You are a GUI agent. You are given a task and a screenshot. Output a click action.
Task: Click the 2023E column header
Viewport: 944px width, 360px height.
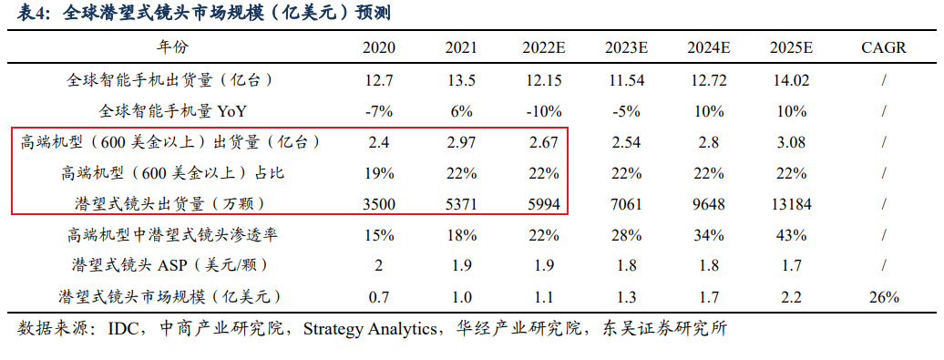point(627,48)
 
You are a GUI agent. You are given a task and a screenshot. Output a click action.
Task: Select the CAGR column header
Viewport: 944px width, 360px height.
point(884,48)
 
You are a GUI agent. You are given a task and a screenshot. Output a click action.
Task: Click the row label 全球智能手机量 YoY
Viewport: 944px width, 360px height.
point(173,111)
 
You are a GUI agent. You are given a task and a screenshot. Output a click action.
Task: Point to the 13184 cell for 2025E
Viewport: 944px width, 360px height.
point(791,205)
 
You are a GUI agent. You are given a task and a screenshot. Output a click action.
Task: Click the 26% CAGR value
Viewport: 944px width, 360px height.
point(884,297)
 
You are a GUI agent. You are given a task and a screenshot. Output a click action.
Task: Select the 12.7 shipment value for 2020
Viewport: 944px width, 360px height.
point(379,79)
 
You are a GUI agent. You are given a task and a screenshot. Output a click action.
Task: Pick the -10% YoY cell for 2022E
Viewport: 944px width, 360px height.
point(544,111)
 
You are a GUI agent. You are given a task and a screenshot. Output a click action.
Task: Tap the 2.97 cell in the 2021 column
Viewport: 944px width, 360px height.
point(461,143)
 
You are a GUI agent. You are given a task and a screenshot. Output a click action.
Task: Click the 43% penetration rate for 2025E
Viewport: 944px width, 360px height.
point(791,235)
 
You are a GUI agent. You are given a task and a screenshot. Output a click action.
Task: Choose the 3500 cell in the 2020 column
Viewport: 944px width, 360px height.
point(379,205)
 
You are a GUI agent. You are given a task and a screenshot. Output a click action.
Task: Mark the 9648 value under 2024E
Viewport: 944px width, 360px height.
point(709,205)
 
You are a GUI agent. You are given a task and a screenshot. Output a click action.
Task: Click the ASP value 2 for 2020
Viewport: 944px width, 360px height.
point(379,265)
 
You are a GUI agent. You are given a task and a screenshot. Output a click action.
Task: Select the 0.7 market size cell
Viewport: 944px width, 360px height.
point(379,297)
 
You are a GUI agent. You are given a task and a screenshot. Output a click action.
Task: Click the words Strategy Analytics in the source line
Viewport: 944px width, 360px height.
point(369,329)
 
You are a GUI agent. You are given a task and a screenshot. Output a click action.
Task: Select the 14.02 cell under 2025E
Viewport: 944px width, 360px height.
point(791,79)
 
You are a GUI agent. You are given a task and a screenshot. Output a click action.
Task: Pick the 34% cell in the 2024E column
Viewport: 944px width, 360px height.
point(709,235)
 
